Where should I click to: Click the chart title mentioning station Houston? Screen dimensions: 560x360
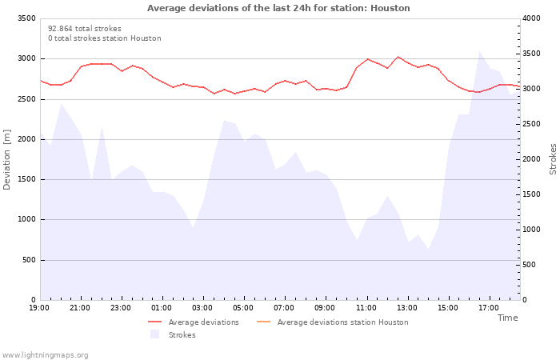pos(278,8)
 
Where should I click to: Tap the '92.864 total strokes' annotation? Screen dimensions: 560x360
pos(85,29)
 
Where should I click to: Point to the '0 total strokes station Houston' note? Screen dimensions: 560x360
pos(105,38)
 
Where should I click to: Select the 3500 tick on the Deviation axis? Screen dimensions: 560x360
pos(26,18)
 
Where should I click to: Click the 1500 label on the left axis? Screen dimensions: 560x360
pos(26,179)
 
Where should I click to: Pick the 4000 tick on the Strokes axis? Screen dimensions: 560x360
pos(531,18)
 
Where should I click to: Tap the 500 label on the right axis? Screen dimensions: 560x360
pos(530,265)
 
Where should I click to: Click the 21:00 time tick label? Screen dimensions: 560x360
pos(80,308)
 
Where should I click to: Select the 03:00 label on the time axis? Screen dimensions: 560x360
pos(202,308)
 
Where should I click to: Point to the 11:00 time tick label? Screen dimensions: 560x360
pos(366,308)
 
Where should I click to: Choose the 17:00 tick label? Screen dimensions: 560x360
pos(489,308)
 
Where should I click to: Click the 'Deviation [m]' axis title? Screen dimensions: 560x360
pos(6,160)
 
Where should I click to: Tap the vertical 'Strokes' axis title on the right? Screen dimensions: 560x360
pos(553,159)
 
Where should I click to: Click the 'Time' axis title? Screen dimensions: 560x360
pos(508,318)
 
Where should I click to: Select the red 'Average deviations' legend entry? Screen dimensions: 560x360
pos(194,322)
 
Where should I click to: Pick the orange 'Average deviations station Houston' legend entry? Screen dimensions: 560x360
pos(332,322)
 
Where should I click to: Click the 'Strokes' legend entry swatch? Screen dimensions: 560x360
pos(154,334)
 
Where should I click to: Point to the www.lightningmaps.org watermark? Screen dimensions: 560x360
pos(45,355)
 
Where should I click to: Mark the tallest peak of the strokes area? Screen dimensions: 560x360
pos(479,51)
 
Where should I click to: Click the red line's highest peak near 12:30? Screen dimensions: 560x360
pos(398,57)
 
